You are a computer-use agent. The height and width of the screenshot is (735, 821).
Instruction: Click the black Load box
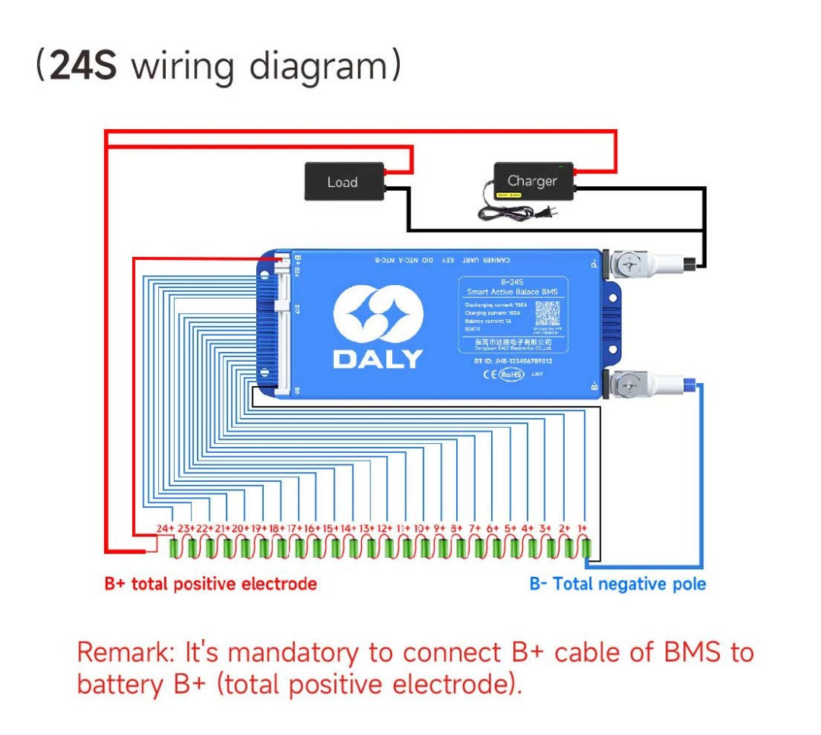342,182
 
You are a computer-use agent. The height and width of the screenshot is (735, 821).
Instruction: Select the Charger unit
531,181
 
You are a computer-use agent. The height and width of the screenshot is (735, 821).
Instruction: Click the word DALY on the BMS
378,359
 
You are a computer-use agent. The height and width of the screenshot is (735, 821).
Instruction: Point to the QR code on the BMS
547,313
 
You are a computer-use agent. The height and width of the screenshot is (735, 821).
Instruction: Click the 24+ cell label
165,528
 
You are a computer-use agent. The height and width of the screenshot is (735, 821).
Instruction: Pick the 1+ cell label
582,528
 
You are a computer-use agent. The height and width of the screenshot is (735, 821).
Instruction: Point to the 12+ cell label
385,528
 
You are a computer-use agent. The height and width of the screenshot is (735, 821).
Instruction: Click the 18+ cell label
277,528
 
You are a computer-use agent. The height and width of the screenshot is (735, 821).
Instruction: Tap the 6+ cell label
493,528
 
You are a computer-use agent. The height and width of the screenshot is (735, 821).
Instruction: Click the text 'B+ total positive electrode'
211,584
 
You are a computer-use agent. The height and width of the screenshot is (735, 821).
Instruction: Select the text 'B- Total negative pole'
617,584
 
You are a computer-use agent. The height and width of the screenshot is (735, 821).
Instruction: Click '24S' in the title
83,66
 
